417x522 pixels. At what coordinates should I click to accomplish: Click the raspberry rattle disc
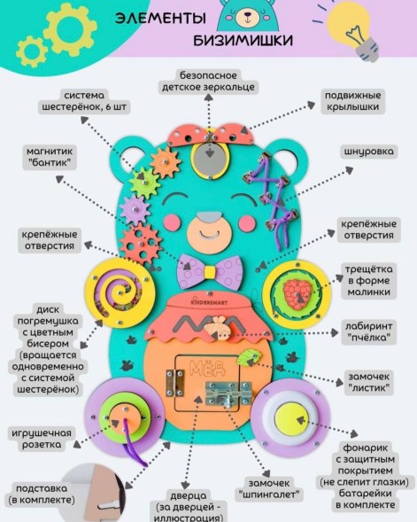[x=295, y=289]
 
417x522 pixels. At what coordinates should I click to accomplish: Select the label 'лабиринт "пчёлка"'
[x=367, y=333]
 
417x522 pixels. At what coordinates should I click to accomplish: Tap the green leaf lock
[x=253, y=358]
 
